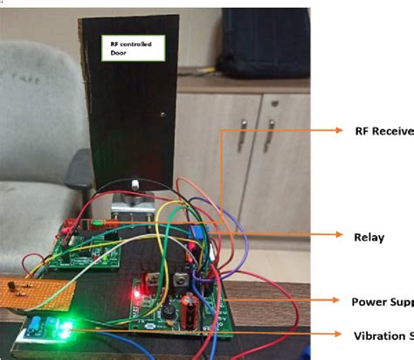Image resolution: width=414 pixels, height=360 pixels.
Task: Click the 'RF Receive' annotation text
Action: (381, 131)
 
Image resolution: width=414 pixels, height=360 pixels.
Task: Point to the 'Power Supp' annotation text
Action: (382, 302)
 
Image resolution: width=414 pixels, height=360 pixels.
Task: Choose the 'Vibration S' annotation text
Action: (382, 336)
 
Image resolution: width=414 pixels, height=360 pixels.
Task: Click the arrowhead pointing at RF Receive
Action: (338, 131)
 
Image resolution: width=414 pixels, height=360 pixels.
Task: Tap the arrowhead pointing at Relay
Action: (338, 235)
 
